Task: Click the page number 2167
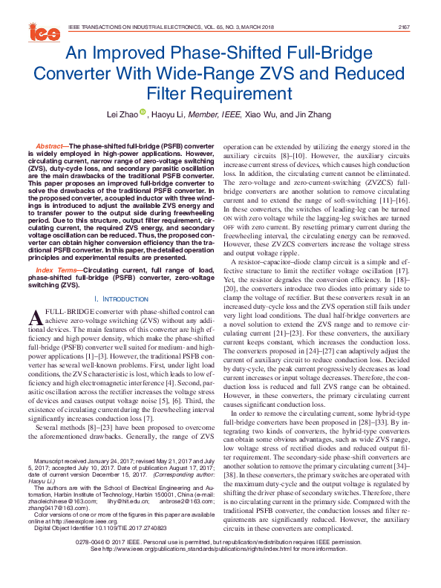[x=404, y=26]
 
